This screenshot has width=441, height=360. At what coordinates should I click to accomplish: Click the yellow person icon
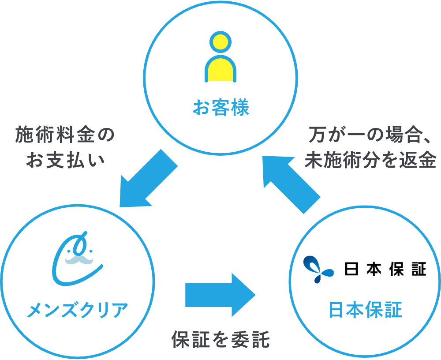coord(220,57)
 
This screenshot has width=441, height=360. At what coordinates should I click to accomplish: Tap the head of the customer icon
coord(220,43)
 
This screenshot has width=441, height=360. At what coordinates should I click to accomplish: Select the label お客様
coord(220,108)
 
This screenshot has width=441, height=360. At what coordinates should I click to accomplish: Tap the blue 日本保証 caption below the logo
coord(366,310)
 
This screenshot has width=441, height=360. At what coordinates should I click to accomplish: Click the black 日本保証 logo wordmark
coord(385,269)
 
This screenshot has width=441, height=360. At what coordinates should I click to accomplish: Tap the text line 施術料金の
coord(65,136)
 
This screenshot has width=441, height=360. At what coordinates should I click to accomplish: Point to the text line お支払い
coord(65,160)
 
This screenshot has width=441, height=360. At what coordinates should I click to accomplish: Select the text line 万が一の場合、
coord(370,136)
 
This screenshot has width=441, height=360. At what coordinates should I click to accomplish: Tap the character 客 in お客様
coord(220,108)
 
